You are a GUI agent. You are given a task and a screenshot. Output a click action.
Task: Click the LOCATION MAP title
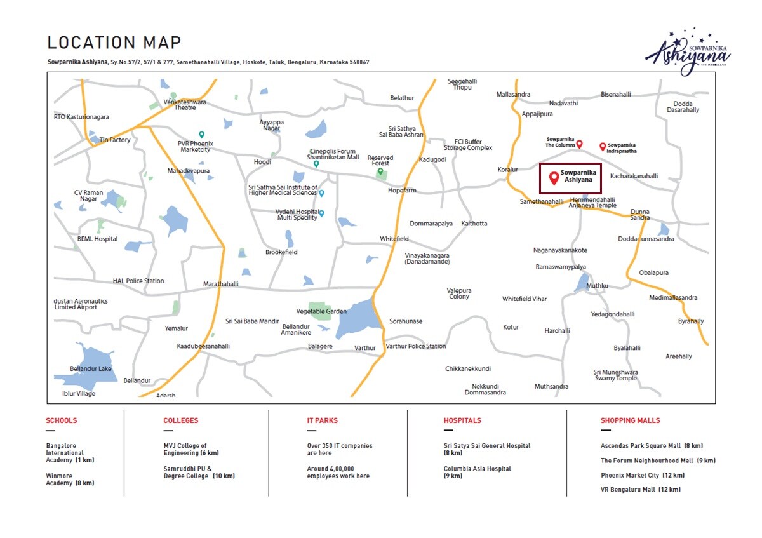tap(114, 43)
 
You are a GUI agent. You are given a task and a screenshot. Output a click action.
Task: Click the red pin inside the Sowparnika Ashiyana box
tap(554, 178)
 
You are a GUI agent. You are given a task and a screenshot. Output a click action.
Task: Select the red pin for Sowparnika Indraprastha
tap(603, 147)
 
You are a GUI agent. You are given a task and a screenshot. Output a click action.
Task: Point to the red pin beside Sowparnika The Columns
tap(579, 144)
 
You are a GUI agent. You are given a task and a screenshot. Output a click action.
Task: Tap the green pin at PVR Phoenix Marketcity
tap(201, 135)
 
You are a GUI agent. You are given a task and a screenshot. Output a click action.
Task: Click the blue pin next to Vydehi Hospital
tap(321, 213)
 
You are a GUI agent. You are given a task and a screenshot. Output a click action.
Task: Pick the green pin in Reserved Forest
tap(380, 171)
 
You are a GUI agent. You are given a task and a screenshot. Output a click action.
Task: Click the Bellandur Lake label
tap(91, 368)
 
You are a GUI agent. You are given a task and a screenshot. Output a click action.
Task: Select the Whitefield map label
tap(394, 239)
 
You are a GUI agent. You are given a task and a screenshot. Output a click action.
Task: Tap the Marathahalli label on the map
tap(220, 284)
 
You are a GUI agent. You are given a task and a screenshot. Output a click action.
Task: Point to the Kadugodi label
tap(432, 159)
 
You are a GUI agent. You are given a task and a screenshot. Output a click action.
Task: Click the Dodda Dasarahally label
tap(683, 107)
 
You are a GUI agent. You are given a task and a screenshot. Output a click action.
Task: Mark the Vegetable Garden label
tap(321, 311)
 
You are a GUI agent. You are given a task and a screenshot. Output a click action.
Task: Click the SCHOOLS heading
tap(61, 420)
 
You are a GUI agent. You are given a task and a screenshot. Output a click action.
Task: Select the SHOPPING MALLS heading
tap(630, 420)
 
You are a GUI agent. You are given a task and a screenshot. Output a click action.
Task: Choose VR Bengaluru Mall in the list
tap(640, 490)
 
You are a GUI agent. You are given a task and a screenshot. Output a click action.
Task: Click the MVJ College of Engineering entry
tap(190, 449)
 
